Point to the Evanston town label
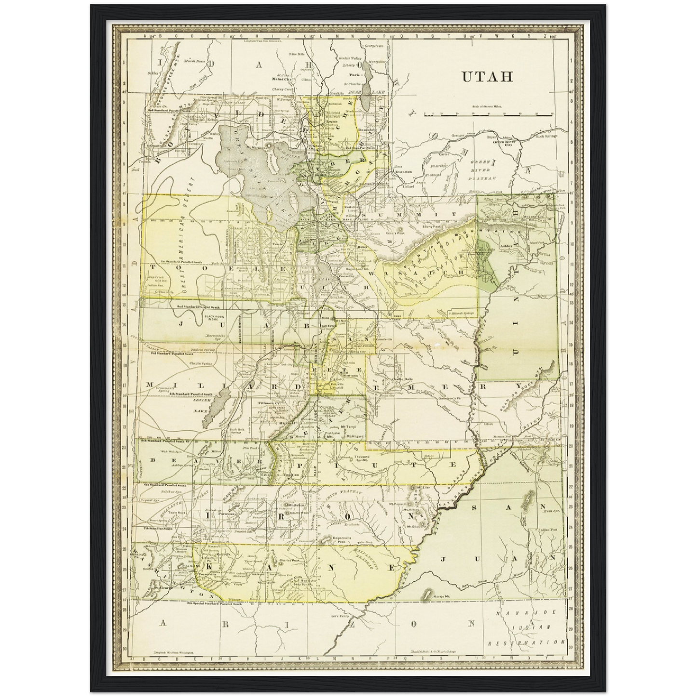pos(403,172)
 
